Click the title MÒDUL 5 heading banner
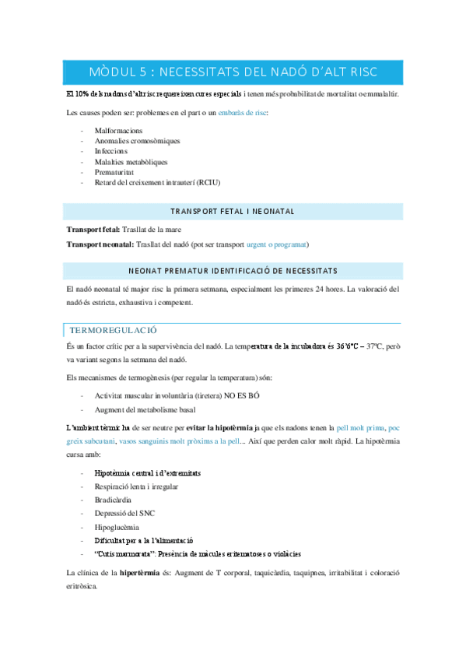[x=233, y=72]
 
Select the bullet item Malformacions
[x=118, y=130]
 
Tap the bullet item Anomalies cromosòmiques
[x=137, y=141]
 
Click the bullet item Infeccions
[x=112, y=151]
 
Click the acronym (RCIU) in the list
[x=208, y=183]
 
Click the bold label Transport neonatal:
[x=100, y=244]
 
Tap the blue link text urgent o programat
[x=276, y=244]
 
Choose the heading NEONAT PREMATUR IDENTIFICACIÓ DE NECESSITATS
[x=233, y=271]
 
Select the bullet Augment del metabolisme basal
[x=145, y=409]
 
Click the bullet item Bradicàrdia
[x=114, y=500]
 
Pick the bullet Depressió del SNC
[x=125, y=513]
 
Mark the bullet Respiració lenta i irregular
[x=136, y=486]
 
